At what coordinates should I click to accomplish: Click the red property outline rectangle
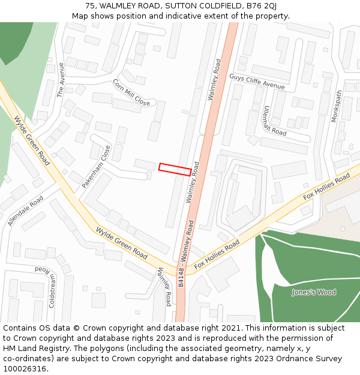pyautogui.click(x=175, y=169)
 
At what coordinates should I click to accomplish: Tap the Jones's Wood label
pyautogui.click(x=314, y=292)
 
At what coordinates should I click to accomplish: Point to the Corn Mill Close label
pyautogui.click(x=131, y=92)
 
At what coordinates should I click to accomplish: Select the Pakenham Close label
pyautogui.click(x=97, y=166)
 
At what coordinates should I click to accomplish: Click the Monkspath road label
pyautogui.click(x=337, y=106)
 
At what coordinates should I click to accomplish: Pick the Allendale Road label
pyautogui.click(x=26, y=210)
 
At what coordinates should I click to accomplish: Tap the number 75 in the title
pyautogui.click(x=91, y=5)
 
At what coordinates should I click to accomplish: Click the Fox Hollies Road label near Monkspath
pyautogui.click(x=326, y=187)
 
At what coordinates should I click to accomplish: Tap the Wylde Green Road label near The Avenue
pyautogui.click(x=32, y=141)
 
